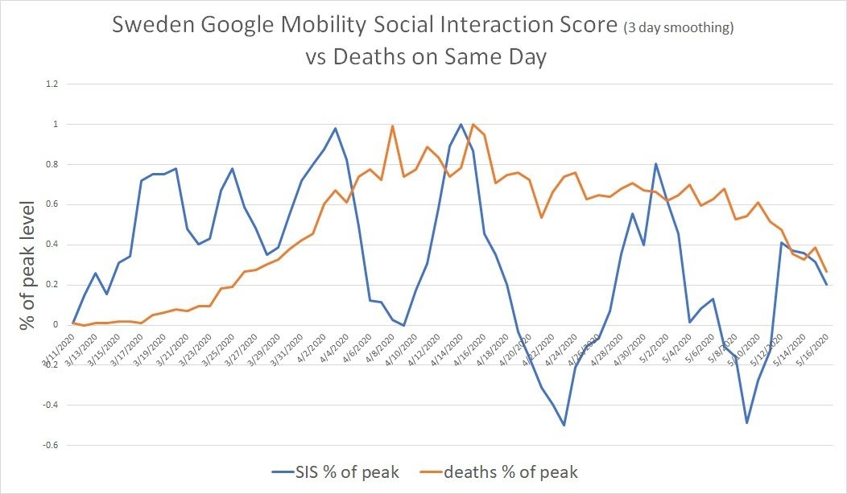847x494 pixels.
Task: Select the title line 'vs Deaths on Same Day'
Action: pos(423,59)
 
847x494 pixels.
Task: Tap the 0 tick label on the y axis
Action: pos(55,324)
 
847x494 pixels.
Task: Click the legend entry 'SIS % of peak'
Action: pos(335,471)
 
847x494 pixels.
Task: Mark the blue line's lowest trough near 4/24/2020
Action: pos(564,425)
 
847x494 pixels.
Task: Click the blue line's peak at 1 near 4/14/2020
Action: pos(461,124)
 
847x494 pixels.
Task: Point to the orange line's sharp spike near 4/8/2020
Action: pos(392,126)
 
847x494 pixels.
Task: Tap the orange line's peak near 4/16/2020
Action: pos(473,124)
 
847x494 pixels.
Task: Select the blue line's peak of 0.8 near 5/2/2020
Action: pos(655,164)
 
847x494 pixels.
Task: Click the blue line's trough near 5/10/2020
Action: pos(746,422)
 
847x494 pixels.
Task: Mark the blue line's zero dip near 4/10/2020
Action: pos(404,325)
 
